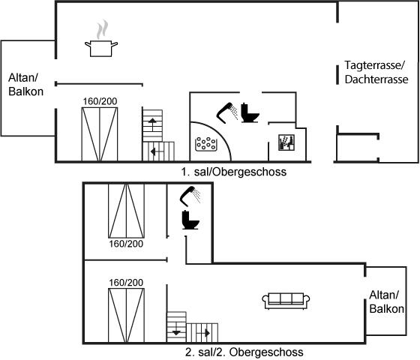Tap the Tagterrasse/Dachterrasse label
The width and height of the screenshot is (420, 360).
(x=376, y=72)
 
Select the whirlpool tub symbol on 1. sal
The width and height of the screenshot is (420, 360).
(x=206, y=144)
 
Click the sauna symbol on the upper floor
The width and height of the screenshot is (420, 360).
(x=286, y=142)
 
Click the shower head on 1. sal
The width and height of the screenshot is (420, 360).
(x=227, y=112)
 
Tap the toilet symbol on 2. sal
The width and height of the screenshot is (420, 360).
(x=190, y=220)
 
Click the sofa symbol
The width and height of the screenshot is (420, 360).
(x=286, y=301)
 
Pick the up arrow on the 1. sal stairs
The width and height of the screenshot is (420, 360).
(x=152, y=124)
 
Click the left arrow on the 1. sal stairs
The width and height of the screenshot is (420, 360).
(x=157, y=151)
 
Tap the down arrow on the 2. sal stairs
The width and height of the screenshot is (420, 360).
(x=176, y=329)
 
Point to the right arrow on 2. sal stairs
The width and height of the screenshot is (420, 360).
(x=203, y=334)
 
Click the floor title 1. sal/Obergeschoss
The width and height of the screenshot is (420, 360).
(x=233, y=172)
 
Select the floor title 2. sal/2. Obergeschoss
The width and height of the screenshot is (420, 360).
(x=244, y=352)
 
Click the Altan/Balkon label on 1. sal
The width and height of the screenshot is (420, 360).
(x=25, y=85)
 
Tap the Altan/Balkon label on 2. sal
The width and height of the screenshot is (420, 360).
(x=386, y=301)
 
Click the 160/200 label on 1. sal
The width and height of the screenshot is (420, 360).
(x=100, y=101)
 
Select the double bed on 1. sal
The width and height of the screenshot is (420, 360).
(x=100, y=134)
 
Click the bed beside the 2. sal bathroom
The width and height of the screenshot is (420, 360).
(x=126, y=211)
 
